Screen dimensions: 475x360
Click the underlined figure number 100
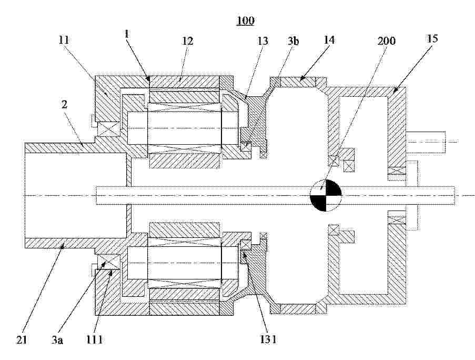pyautogui.click(x=245, y=21)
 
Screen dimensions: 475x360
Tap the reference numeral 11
pyautogui.click(x=64, y=39)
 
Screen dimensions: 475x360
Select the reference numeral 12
pyautogui.click(x=187, y=41)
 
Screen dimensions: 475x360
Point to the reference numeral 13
pyautogui.click(x=262, y=41)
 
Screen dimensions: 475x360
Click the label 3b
pyautogui.click(x=292, y=41)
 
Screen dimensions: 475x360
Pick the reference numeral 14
pyautogui.click(x=329, y=39)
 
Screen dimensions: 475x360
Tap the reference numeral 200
pyautogui.click(x=387, y=41)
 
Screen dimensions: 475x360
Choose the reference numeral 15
pyautogui.click(x=432, y=38)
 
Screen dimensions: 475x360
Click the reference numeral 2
pyautogui.click(x=64, y=105)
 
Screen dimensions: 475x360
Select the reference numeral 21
pyautogui.click(x=22, y=339)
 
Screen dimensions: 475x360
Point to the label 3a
pyautogui.click(x=57, y=341)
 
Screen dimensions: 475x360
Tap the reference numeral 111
pyautogui.click(x=94, y=339)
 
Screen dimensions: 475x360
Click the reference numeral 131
pyautogui.click(x=268, y=339)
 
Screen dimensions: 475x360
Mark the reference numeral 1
pyautogui.click(x=127, y=34)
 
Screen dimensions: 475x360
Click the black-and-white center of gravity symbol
pyautogui.click(x=326, y=195)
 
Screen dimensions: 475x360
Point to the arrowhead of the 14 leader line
pyautogui.click(x=301, y=78)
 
